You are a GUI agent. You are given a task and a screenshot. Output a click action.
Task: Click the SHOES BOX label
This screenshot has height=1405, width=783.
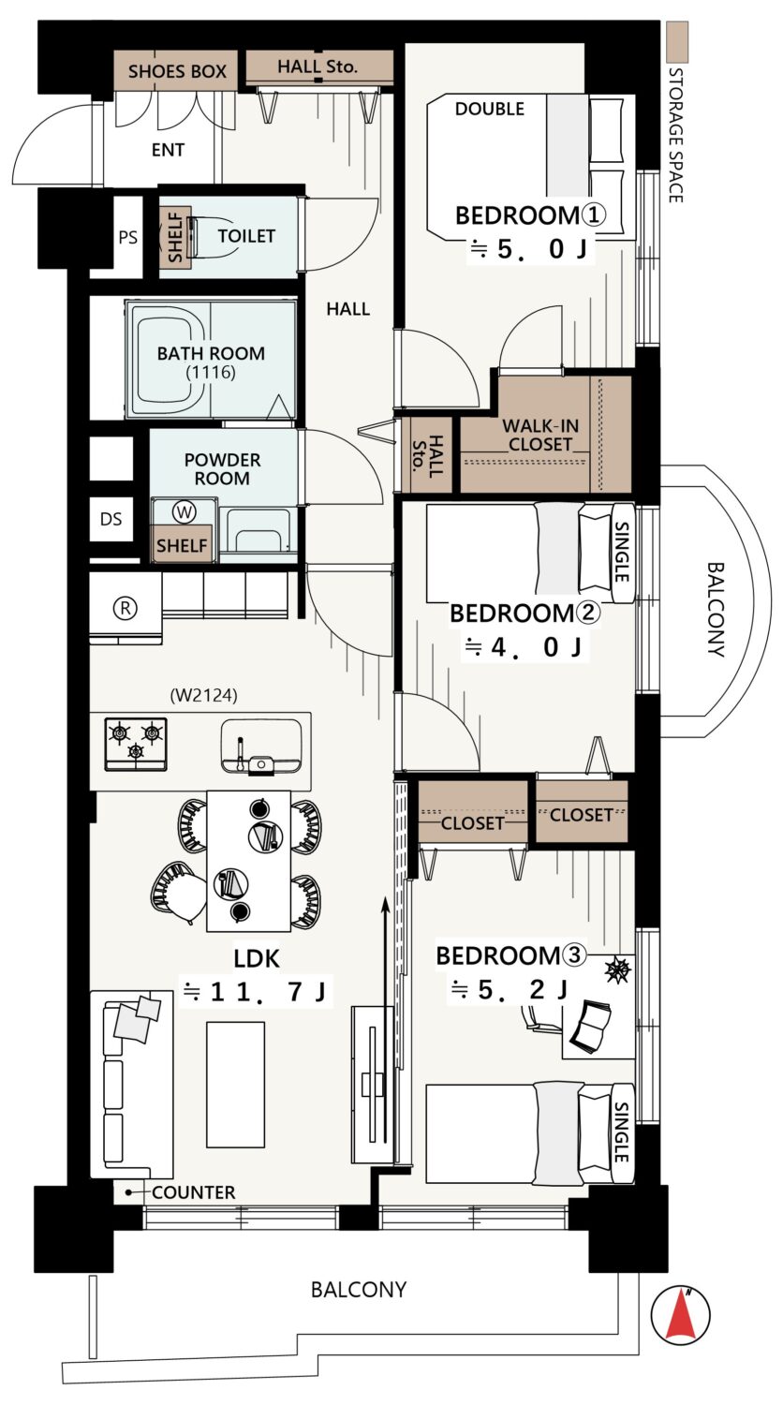point(177,71)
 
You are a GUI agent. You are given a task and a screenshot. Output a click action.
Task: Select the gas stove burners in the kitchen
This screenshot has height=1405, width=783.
point(136,744)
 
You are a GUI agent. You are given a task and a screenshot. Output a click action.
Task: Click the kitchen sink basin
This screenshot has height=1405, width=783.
point(261,746)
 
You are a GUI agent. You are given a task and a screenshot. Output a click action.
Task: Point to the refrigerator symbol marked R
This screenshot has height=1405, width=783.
point(126,608)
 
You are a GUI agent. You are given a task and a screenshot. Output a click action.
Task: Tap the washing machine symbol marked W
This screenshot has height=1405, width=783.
point(185,511)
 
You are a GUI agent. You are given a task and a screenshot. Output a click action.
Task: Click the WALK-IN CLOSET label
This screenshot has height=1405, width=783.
point(540,436)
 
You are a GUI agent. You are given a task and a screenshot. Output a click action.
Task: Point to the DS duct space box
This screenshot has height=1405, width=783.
point(111,519)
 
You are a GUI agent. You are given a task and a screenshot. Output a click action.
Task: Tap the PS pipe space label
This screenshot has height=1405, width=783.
point(128,238)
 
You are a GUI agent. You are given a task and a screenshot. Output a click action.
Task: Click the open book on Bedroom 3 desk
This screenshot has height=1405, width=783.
point(592,1032)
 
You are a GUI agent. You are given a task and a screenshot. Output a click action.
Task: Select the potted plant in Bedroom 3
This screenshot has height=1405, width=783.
point(617,969)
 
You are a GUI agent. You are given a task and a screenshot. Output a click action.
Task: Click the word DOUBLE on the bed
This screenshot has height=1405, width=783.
point(489,110)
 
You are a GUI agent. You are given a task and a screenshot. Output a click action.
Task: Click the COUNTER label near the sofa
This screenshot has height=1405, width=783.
point(193,1192)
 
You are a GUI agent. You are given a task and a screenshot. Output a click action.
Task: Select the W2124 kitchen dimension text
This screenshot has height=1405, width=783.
point(204,696)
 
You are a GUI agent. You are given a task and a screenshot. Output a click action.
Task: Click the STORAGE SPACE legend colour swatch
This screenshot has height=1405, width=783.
point(677,42)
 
